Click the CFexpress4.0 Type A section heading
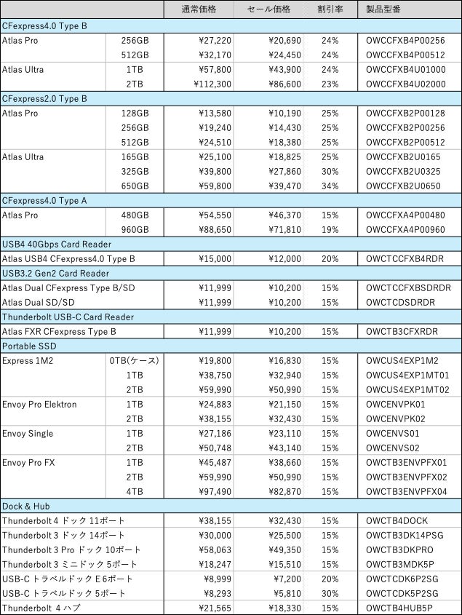(x=44, y=200)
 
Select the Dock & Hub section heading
(x=25, y=506)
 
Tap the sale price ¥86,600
(x=274, y=84)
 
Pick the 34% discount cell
(x=330, y=186)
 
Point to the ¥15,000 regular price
(x=215, y=258)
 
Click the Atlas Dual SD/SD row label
(x=38, y=302)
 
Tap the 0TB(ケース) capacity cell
(x=134, y=360)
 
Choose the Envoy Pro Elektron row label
(x=39, y=404)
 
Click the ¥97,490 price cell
(x=215, y=491)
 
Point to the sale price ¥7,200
(x=276, y=579)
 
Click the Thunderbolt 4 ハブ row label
(x=40, y=608)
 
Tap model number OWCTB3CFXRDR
(x=402, y=331)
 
